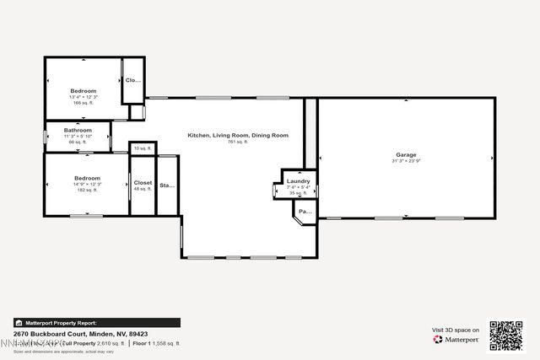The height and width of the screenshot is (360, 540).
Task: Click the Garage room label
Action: (x=407, y=155)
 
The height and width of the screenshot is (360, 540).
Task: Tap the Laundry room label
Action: (x=298, y=181)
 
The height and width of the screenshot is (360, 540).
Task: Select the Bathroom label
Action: (x=78, y=131)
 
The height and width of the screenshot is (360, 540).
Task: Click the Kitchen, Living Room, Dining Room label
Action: (x=238, y=135)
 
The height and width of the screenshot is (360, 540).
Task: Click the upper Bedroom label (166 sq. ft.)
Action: (x=83, y=90)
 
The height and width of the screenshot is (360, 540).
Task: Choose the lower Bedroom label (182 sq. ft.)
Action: (x=87, y=178)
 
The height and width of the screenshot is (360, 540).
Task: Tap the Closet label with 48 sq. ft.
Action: (x=143, y=182)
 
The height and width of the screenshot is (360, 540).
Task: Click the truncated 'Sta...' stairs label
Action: (x=167, y=185)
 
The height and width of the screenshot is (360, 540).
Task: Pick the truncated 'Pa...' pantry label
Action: (x=305, y=212)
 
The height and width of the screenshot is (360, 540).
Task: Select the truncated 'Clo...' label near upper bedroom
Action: (x=133, y=80)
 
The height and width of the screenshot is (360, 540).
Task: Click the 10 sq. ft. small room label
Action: (x=142, y=148)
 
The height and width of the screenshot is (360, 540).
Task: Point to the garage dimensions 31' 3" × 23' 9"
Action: (x=407, y=161)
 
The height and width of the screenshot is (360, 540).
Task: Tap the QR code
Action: (x=506, y=336)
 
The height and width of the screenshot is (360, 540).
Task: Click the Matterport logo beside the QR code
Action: (x=456, y=339)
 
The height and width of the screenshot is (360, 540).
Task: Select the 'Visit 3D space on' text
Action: (x=456, y=330)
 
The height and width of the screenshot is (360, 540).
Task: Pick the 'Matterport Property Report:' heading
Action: (x=60, y=322)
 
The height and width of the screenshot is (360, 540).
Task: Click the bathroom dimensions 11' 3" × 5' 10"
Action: (x=78, y=137)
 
